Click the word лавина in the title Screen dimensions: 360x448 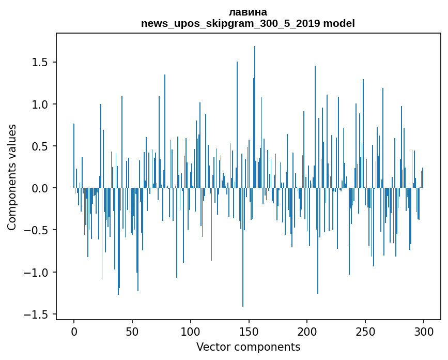click(248, 12)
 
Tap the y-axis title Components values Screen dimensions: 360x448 click(12, 177)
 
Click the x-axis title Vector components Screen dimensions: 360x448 click(248, 347)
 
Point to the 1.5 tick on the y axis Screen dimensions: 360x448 click(42, 63)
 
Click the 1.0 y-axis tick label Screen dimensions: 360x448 click(42, 104)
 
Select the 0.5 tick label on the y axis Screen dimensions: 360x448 click(42, 146)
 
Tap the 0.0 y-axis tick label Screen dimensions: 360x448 click(42, 188)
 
